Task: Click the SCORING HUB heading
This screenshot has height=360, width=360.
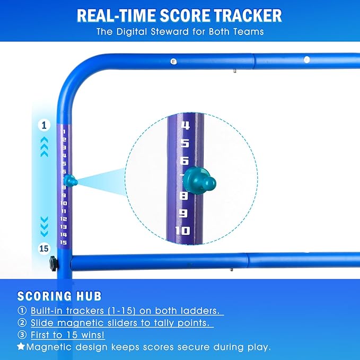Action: coord(59,296)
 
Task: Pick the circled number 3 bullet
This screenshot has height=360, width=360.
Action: coord(22,335)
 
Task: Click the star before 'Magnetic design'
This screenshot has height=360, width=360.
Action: coord(21,347)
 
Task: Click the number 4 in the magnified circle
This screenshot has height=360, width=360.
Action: coord(185,126)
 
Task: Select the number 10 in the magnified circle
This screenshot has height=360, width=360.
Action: coord(182,230)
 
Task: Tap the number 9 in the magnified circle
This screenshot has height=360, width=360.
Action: coord(183,213)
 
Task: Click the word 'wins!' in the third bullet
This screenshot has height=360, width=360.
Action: coord(93,335)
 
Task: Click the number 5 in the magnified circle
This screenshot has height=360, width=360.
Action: coord(185,144)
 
